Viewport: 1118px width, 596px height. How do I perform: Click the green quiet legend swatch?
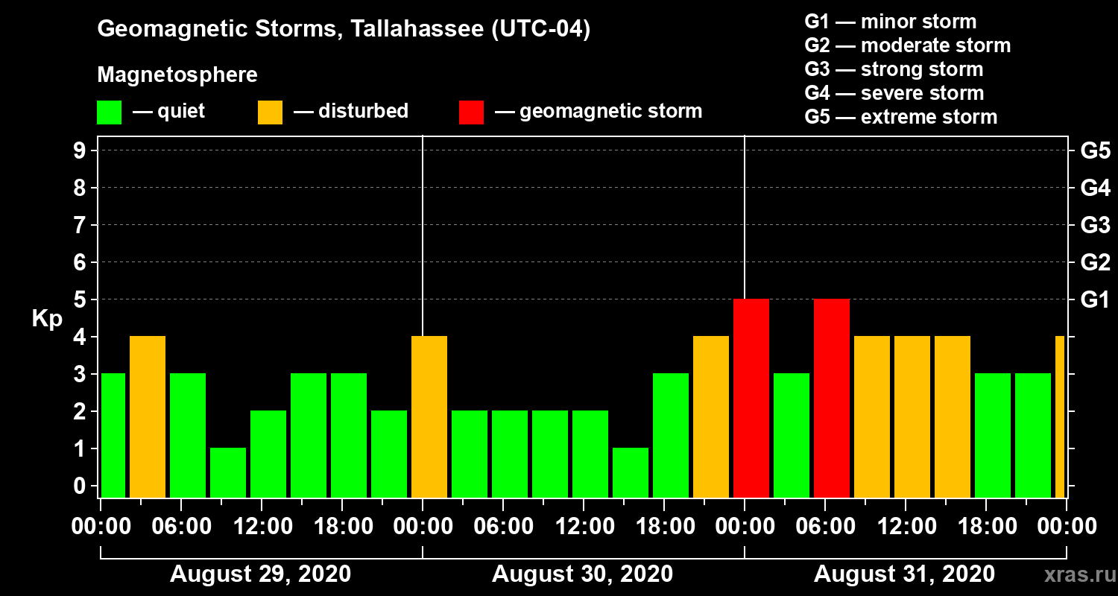[x=109, y=112]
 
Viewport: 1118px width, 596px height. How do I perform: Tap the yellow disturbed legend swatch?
[x=270, y=112]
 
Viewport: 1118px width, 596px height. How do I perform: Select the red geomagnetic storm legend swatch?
[x=471, y=112]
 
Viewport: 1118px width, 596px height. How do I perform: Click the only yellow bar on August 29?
[x=148, y=416]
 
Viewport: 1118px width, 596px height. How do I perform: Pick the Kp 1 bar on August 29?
[x=228, y=472]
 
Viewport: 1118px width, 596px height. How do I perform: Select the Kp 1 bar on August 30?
[x=631, y=472]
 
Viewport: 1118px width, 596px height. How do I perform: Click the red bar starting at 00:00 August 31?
[x=751, y=398]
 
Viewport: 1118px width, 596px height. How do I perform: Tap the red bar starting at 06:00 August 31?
[x=832, y=398]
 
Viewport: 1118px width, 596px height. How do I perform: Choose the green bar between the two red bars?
[x=792, y=435]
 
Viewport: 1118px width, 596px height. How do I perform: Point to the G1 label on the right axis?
[x=1095, y=300]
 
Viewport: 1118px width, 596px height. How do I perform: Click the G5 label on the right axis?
[x=1095, y=151]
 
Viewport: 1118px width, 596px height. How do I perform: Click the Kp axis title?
[x=47, y=319]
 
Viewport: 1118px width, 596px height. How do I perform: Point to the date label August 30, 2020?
[x=582, y=574]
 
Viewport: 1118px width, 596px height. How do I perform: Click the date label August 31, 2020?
[x=904, y=574]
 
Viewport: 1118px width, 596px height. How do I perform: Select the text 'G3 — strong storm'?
[x=894, y=69]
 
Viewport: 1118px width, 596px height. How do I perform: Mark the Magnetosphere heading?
[x=177, y=75]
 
